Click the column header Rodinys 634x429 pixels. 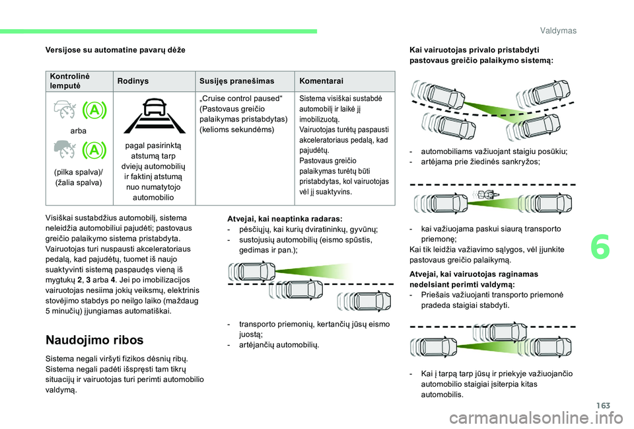(133, 81)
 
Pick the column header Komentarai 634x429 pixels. (321, 81)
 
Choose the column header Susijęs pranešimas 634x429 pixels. (236, 81)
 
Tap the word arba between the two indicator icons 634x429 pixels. (78, 132)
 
